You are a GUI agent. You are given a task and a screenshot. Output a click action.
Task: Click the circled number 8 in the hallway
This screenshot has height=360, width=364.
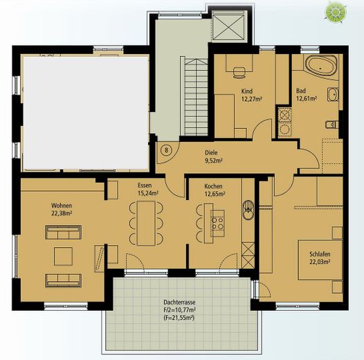(x=166, y=150)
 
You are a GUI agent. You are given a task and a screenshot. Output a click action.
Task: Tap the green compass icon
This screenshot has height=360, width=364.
(x=335, y=12)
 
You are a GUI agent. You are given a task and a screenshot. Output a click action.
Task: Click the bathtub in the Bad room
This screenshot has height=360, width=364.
(x=321, y=65)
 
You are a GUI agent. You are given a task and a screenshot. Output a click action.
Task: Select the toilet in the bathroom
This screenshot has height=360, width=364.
(x=332, y=125)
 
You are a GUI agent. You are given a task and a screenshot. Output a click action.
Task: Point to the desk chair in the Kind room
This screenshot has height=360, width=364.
(x=239, y=72)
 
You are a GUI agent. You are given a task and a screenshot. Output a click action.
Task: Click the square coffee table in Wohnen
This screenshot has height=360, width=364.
(x=63, y=256)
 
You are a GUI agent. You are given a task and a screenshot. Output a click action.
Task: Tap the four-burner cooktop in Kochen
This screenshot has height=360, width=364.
(x=218, y=223)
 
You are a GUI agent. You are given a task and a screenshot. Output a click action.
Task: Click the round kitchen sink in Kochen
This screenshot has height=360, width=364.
(x=248, y=210)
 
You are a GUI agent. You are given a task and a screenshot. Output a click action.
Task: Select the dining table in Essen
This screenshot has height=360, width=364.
(x=146, y=223)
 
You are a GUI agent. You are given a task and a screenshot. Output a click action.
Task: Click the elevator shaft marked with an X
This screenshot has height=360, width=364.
(x=228, y=28)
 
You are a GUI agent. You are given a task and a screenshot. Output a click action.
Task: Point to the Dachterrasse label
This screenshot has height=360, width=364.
(x=179, y=303)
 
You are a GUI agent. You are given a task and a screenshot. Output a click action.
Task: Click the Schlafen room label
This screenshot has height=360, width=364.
(x=320, y=254)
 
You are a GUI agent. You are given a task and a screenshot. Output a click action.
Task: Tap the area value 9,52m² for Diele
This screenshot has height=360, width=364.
(x=214, y=161)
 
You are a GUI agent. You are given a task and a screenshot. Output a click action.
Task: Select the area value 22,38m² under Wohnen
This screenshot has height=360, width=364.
(x=62, y=213)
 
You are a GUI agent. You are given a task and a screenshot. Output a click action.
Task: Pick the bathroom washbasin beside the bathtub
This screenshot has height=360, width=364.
(x=333, y=95)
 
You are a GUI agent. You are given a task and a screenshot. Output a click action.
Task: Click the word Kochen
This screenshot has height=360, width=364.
(x=213, y=186)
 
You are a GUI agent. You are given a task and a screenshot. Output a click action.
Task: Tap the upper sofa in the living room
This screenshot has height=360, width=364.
(x=64, y=232)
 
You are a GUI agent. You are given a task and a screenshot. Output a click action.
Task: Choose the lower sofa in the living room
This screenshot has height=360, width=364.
(x=64, y=280)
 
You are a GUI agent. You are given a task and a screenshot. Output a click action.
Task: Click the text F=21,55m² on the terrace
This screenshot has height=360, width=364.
(x=179, y=318)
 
